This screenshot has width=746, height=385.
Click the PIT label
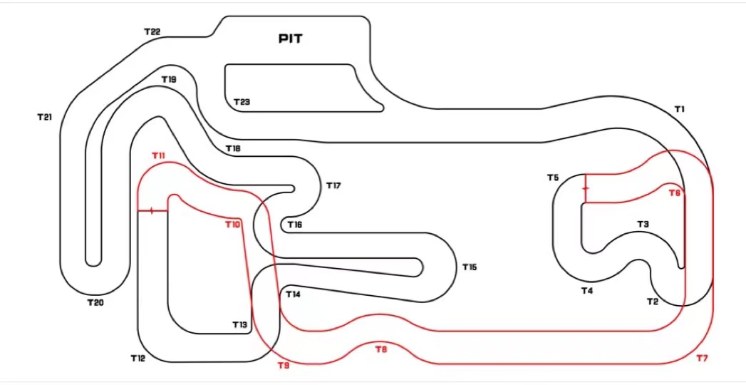click(290, 38)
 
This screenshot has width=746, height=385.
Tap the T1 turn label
click(679, 109)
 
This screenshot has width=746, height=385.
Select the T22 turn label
click(152, 32)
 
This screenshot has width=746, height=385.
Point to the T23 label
click(242, 103)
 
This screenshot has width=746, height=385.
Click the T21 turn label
click(44, 116)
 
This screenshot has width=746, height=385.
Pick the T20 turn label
click(95, 302)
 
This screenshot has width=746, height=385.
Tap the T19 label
click(168, 80)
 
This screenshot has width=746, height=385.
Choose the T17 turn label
click(333, 186)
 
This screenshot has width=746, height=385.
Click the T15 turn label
click(469, 267)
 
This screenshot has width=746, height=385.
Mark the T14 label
click(293, 294)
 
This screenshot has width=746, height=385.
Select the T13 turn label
click(239, 325)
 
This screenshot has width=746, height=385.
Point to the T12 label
click(138, 358)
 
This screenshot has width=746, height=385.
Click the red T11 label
click(158, 155)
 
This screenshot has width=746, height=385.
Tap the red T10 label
click(233, 225)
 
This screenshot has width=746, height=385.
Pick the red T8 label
click(381, 349)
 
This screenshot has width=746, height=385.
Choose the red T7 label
click(702, 358)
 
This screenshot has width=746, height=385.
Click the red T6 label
click(674, 193)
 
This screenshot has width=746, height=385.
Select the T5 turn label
click(553, 178)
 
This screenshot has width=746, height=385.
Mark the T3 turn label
click(643, 225)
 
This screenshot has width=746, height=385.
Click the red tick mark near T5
click(585, 190)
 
